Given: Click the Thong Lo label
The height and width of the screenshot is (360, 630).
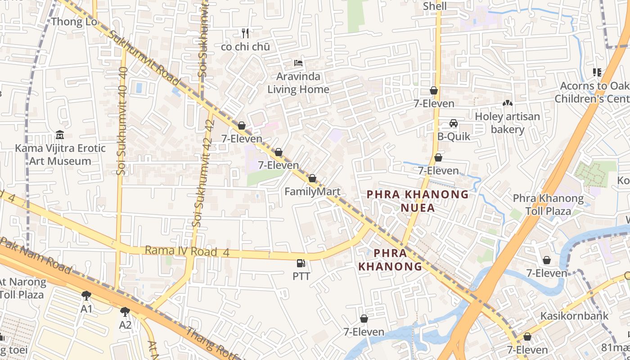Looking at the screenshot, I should [74, 22].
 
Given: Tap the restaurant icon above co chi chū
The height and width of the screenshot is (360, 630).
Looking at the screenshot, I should [245, 33].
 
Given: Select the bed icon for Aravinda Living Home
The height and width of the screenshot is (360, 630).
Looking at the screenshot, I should [298, 63].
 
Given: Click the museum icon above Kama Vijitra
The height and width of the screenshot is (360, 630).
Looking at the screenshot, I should [59, 135].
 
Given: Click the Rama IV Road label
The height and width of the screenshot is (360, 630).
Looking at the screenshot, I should [187, 251].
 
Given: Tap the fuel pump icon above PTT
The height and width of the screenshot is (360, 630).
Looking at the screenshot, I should [301, 263].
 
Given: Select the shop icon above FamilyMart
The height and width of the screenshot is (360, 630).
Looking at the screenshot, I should [312, 179].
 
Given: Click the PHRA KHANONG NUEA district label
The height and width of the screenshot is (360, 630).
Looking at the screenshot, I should [418, 201].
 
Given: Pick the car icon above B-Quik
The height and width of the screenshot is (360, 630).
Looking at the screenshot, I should [453, 123].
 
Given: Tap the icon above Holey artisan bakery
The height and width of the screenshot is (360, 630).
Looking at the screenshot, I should [508, 103].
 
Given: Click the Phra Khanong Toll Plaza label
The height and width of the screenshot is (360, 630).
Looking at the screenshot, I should [548, 204].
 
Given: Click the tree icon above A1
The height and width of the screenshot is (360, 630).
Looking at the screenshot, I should [86, 296].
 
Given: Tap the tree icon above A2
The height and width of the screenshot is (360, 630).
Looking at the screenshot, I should [125, 311].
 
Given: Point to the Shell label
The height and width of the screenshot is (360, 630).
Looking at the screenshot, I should [435, 6].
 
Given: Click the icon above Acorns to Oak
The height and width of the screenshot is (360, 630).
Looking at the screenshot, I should [597, 72].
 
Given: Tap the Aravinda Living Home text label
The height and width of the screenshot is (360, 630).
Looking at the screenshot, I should [298, 83].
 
